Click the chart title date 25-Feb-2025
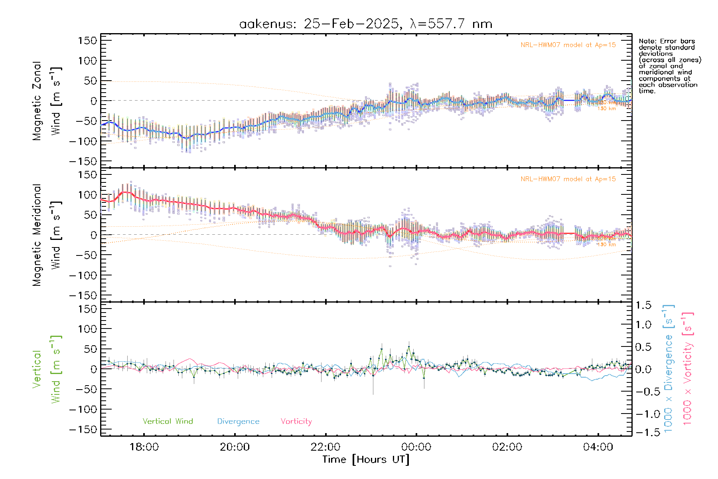point(351,24)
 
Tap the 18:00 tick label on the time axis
point(144,447)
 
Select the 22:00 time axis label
point(325,447)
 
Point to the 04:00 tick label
point(598,447)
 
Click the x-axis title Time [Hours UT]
point(366,460)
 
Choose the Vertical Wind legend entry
point(168,422)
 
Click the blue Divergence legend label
point(238,422)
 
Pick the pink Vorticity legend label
point(296,422)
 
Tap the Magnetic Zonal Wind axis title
point(47,101)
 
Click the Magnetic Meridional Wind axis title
point(47,235)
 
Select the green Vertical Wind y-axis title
point(47,369)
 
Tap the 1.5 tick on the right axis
point(643,305)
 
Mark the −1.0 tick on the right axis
point(643,414)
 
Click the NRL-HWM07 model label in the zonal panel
point(568,45)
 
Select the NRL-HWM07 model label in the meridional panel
point(568,179)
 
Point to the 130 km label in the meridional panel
point(607,244)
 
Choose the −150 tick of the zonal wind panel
point(83,161)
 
